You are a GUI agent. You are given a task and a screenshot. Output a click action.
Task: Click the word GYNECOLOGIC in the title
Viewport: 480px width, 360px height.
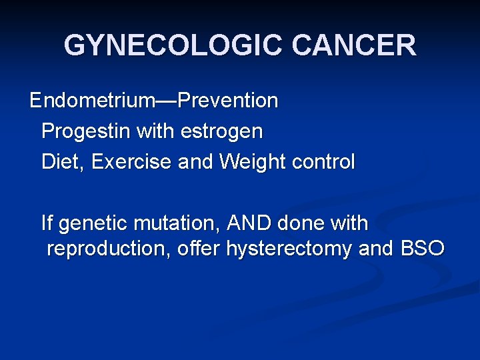click(x=174, y=45)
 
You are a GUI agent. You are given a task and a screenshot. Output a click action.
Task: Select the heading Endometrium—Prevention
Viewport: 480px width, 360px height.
click(x=154, y=101)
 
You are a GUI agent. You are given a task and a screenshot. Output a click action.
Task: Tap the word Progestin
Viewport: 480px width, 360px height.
click(x=86, y=131)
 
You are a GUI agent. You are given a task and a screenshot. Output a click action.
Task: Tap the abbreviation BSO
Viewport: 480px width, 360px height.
click(x=421, y=249)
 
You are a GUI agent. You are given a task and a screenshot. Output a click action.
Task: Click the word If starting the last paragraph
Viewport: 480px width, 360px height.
click(x=47, y=223)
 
